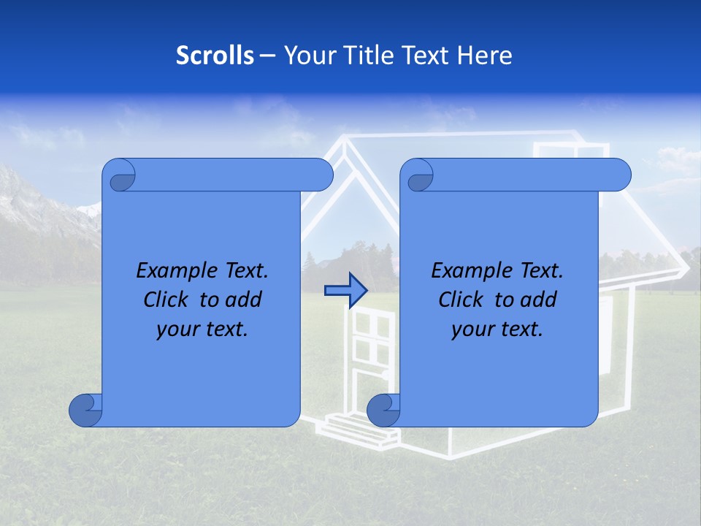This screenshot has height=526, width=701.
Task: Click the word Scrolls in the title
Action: coord(215,56)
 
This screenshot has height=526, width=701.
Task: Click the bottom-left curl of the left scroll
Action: coord(85,410)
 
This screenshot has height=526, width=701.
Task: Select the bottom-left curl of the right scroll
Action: coord(383,410)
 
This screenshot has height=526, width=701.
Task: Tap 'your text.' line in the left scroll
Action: coord(202,329)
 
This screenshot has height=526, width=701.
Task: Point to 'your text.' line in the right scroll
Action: coord(497,329)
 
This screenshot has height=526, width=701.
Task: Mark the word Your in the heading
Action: coord(306,56)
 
